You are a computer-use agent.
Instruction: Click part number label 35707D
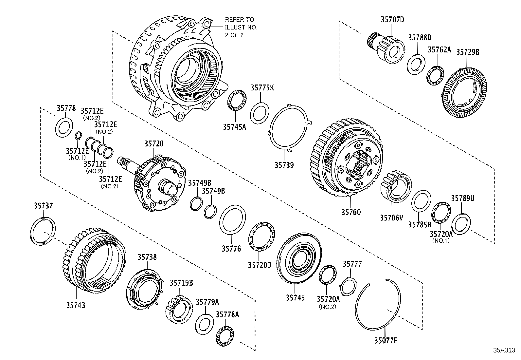[x=392, y=20]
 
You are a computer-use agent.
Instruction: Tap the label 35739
[x=284, y=165]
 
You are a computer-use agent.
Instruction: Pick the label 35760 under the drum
[x=351, y=212]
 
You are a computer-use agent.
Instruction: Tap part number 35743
[x=76, y=305]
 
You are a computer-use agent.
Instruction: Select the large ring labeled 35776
[x=232, y=220]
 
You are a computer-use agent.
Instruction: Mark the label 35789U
[x=462, y=198]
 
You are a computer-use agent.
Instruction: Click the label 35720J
[x=259, y=264]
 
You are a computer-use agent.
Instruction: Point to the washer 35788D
[x=416, y=63]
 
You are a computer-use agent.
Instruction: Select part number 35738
[x=147, y=257]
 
